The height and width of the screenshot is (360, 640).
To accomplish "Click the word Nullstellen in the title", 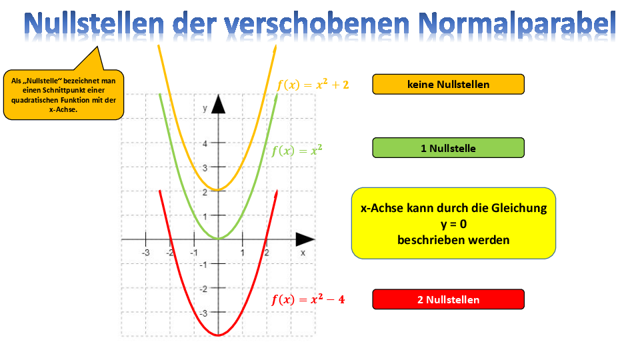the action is [93, 24].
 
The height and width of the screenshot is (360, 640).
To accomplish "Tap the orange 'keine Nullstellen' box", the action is [448, 85].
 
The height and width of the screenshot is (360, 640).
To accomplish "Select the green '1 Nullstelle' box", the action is [448, 148].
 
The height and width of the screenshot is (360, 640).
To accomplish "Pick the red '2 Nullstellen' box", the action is [448, 299].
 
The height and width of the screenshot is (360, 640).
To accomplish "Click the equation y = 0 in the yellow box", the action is [453, 224].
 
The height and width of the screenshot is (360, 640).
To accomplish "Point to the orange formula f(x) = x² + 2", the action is [313, 85].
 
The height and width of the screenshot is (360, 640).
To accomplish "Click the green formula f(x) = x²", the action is [297, 151].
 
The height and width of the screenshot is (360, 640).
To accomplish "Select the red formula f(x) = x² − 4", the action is [308, 299].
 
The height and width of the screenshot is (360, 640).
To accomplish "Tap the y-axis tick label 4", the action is [205, 143].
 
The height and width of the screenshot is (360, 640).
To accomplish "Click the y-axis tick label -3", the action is [204, 313].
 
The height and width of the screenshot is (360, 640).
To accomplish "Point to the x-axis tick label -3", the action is [145, 253].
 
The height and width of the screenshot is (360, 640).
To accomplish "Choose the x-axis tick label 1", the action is [243, 253].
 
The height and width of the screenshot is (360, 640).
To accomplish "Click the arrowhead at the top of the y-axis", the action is [219, 104].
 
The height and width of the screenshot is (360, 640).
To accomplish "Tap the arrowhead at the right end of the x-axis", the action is [305, 239].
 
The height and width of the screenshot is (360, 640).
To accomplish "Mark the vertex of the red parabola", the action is [219, 335].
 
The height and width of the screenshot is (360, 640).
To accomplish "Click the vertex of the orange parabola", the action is [219, 190].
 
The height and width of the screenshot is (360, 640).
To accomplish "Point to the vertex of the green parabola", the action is [219, 239].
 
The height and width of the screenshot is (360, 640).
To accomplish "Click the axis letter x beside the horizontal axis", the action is [303, 253].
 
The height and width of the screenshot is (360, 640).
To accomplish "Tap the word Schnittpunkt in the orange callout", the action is [65, 90].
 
